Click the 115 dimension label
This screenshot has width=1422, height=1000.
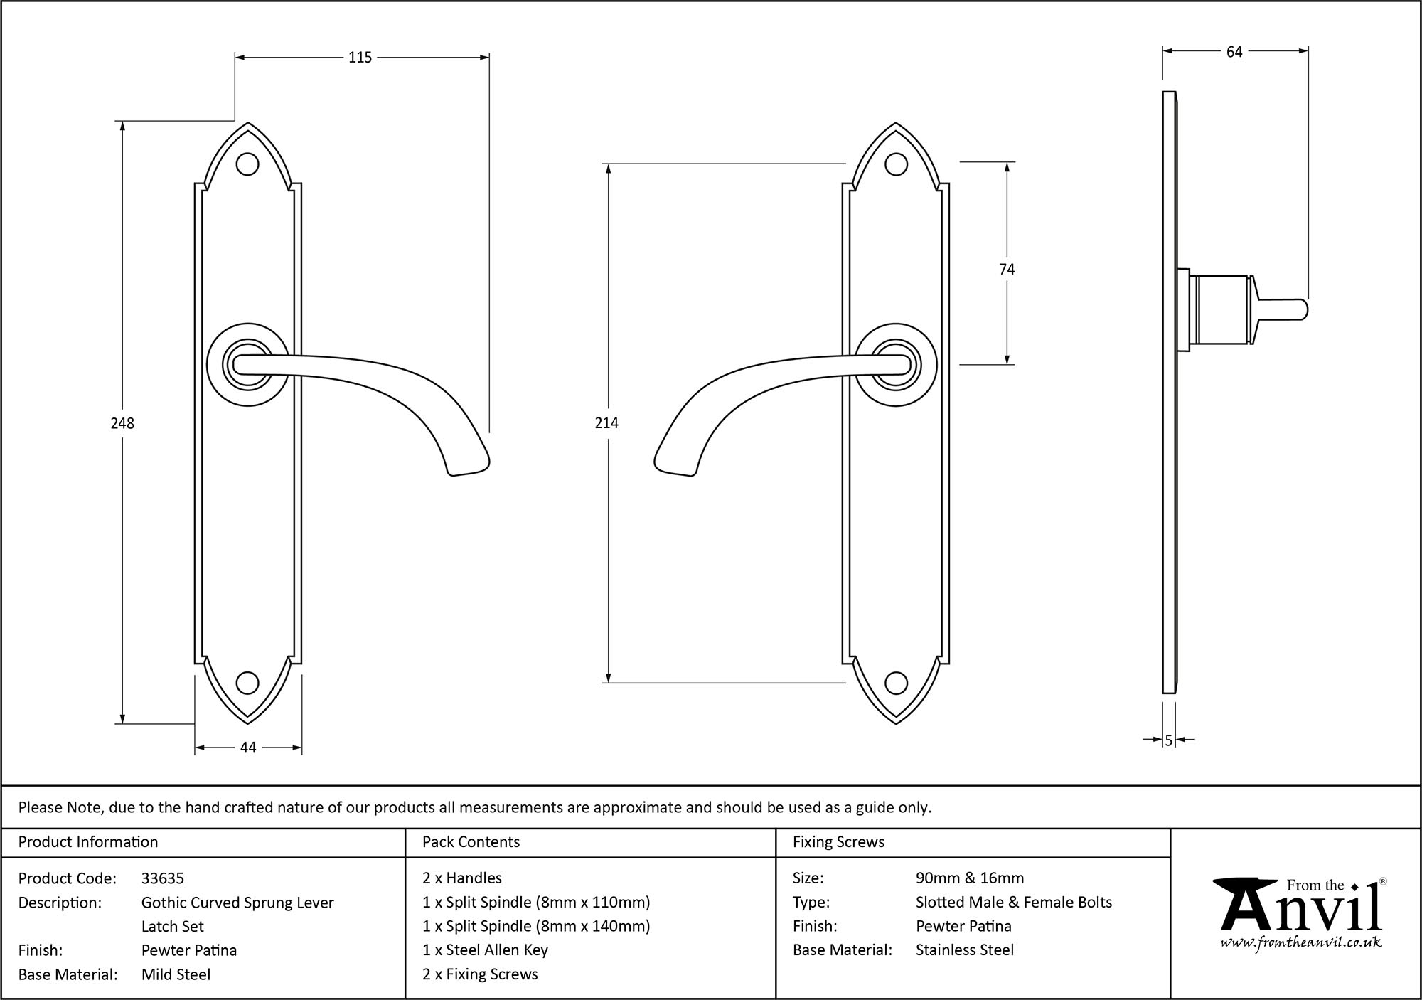click(x=360, y=58)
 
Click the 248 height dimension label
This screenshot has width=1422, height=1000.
click(x=122, y=423)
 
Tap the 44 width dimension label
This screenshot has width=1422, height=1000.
click(x=248, y=748)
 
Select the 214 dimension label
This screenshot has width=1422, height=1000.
click(x=606, y=423)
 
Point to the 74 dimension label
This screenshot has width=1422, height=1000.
click(x=1007, y=269)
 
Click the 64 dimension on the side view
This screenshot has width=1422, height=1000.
click(x=1234, y=52)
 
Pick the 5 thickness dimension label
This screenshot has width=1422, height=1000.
click(x=1168, y=740)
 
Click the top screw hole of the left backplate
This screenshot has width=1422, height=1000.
click(x=247, y=164)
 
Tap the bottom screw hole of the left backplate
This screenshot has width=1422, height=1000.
click(x=247, y=683)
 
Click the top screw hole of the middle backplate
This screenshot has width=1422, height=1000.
click(x=896, y=164)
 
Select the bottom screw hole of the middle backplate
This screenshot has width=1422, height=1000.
click(x=896, y=683)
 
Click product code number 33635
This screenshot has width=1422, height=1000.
click(x=163, y=878)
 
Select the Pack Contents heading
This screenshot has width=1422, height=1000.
click(x=471, y=842)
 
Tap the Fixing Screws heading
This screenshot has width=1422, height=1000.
click(x=838, y=842)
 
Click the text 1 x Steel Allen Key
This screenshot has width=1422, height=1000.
click(x=485, y=950)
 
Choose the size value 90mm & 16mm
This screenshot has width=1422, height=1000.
click(x=970, y=878)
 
